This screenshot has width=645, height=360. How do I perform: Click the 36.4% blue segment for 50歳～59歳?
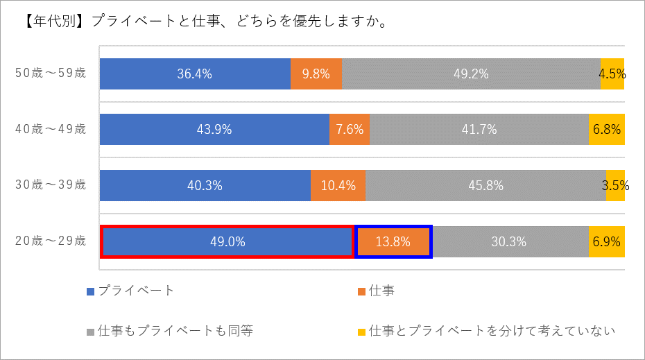(x=195, y=74)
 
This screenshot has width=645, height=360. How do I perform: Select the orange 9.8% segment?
(x=316, y=74)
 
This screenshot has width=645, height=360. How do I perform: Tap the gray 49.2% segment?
(x=471, y=74)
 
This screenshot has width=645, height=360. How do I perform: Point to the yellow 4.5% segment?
(x=612, y=74)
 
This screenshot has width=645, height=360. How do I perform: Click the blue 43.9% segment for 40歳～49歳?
(x=214, y=130)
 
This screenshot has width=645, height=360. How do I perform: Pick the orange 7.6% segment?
(x=350, y=130)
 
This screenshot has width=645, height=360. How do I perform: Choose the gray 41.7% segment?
(x=479, y=130)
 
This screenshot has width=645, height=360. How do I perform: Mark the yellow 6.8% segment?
(x=607, y=130)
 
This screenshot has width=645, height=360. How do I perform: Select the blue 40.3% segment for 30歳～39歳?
(x=205, y=186)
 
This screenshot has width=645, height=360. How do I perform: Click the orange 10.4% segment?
(x=338, y=186)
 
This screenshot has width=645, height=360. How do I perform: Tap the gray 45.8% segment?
(x=485, y=186)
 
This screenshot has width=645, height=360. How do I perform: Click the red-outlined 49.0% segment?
(x=227, y=242)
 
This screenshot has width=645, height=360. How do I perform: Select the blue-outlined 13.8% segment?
(x=393, y=242)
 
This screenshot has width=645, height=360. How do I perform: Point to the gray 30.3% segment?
(x=510, y=242)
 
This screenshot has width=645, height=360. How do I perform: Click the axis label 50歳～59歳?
(x=51, y=73)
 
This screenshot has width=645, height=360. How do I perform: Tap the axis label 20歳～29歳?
(x=51, y=241)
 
